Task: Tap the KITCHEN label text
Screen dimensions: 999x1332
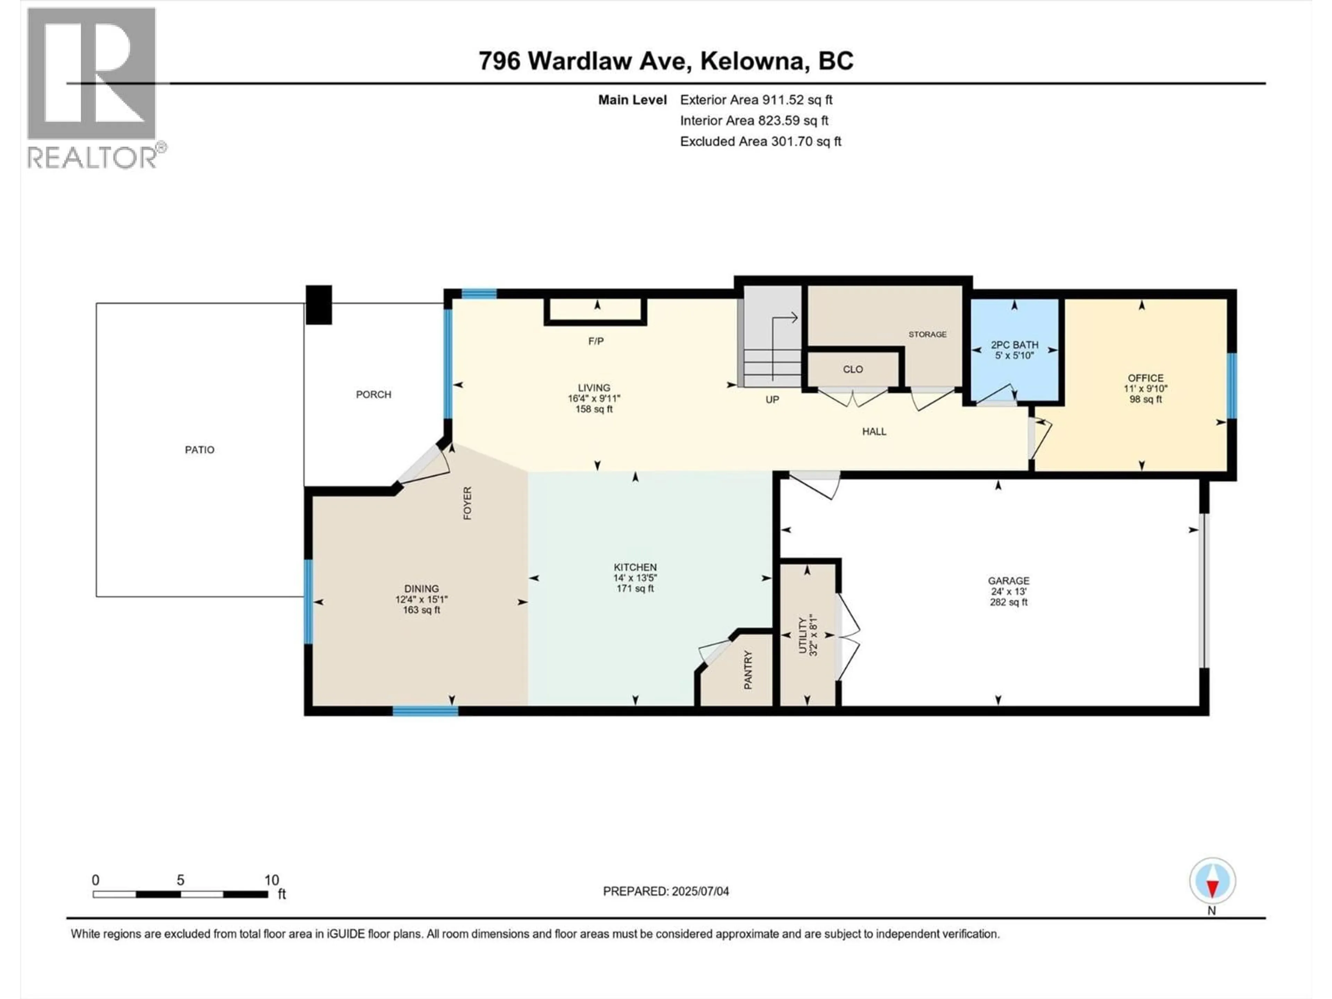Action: click(635, 567)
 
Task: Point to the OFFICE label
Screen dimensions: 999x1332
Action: click(1145, 378)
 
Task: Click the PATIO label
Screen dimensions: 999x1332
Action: click(199, 450)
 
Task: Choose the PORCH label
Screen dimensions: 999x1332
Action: click(373, 394)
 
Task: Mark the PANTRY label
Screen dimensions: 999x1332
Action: click(748, 669)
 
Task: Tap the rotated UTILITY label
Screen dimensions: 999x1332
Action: click(802, 636)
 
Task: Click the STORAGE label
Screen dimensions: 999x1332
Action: click(927, 334)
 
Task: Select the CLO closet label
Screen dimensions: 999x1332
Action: click(853, 369)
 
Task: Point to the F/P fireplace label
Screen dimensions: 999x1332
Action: click(596, 341)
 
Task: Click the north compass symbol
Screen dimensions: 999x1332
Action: click(1212, 881)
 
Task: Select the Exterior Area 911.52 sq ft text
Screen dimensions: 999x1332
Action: click(756, 100)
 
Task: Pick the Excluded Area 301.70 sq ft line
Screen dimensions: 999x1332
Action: click(760, 142)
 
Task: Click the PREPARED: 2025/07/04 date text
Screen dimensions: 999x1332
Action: click(665, 891)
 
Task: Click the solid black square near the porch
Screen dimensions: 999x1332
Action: click(319, 305)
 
